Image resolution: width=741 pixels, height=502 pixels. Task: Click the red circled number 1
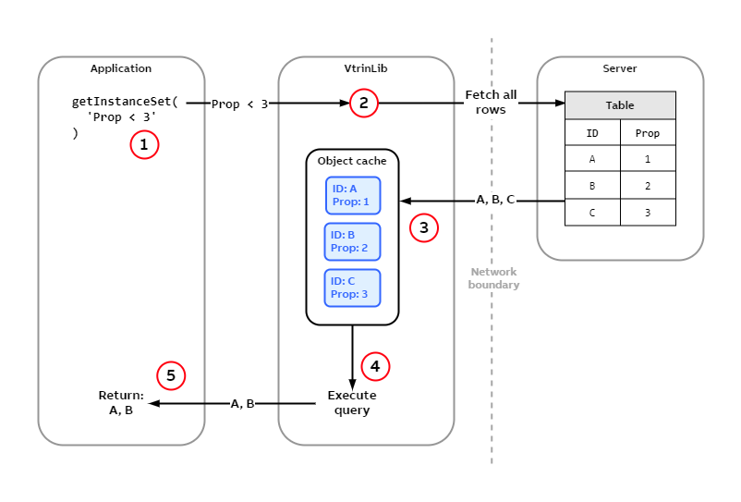click(x=144, y=145)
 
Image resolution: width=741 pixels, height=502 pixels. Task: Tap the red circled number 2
click(x=364, y=104)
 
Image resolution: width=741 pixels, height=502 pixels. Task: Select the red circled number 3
click(x=423, y=227)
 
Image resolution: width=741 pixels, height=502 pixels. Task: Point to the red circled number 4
click(x=375, y=366)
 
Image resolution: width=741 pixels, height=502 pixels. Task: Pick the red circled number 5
click(x=171, y=375)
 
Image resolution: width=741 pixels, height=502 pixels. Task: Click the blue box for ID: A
click(x=352, y=195)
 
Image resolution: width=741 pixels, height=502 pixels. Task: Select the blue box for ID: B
click(x=352, y=241)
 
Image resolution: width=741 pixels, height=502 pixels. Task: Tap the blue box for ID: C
click(x=352, y=288)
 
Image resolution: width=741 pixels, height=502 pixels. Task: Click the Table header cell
click(x=620, y=105)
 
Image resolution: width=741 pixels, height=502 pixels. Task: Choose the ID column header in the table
click(x=592, y=133)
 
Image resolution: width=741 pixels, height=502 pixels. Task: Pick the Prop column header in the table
click(x=648, y=133)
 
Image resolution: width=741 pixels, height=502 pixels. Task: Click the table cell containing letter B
click(x=592, y=186)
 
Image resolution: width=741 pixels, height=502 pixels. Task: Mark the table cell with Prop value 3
click(x=648, y=212)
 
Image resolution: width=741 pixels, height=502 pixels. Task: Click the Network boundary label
click(x=493, y=278)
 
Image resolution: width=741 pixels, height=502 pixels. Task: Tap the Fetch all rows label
click(x=491, y=103)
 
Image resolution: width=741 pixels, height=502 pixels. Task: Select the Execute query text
click(x=352, y=403)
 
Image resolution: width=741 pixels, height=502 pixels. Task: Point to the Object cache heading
click(x=352, y=161)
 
